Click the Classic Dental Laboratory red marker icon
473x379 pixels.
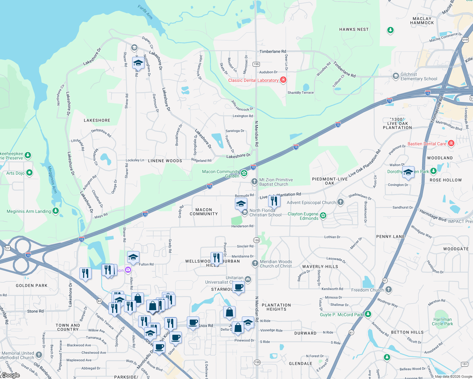(283, 80)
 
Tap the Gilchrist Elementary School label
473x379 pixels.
(419, 77)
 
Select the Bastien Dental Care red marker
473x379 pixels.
(451, 143)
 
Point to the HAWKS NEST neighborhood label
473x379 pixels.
(354, 29)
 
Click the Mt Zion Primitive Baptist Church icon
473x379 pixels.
(254, 182)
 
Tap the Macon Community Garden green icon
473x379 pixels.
(244, 173)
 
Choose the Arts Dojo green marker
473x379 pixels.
(29, 173)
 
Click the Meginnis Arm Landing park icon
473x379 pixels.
(56, 211)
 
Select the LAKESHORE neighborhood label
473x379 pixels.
(97, 120)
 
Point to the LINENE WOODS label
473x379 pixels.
(165, 161)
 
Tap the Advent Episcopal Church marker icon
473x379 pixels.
(340, 202)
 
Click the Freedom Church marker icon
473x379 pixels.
(389, 289)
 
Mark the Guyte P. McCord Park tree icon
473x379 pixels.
(368, 314)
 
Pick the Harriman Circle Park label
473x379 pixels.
(442, 322)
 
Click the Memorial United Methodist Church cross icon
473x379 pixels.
(39, 355)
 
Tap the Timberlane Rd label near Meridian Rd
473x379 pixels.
(273, 51)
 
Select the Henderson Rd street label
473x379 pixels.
(242, 226)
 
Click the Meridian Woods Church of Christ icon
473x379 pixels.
(255, 263)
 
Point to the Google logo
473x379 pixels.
(11, 375)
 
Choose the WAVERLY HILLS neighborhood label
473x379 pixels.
(320, 267)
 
